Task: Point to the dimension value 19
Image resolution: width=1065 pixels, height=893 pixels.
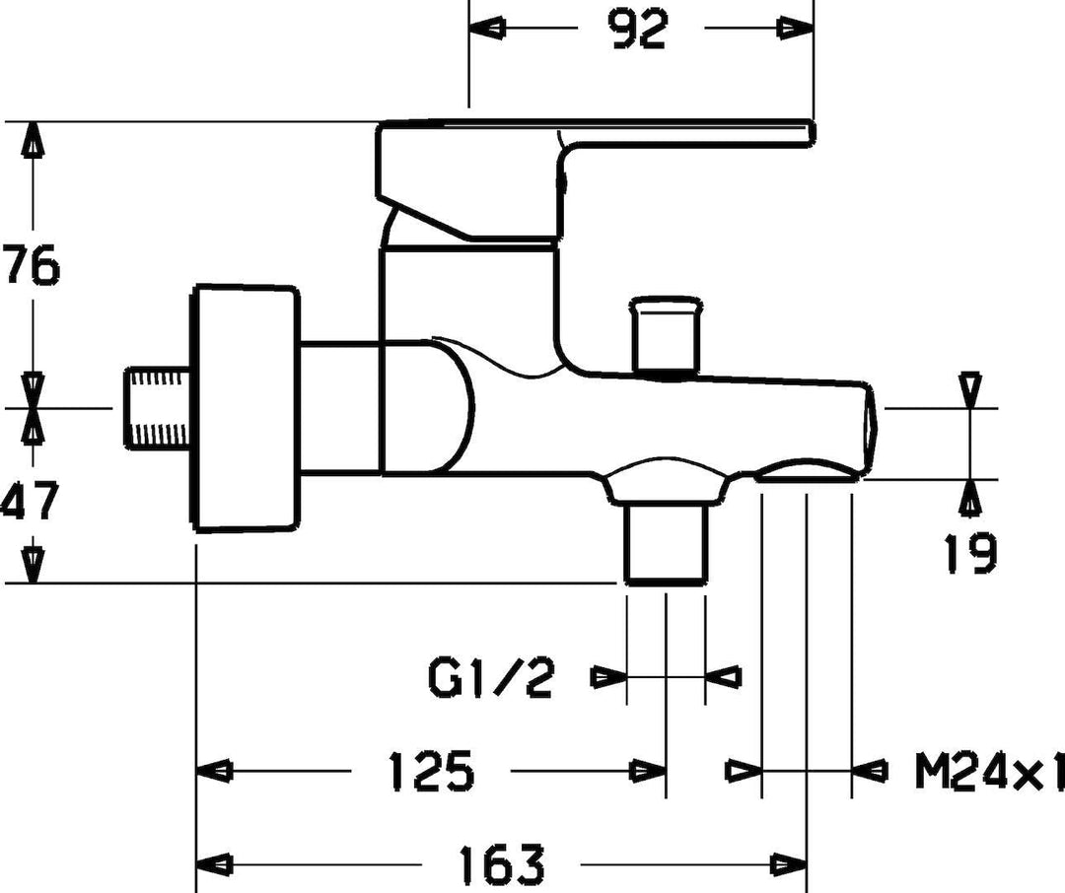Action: point(970,554)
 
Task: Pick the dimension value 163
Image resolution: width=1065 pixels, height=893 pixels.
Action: point(503,864)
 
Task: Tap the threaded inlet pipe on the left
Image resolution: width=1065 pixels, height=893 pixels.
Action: point(158,407)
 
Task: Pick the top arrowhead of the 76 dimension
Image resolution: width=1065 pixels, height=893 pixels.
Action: point(34,142)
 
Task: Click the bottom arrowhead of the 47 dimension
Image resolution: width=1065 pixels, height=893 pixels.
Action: point(34,565)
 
